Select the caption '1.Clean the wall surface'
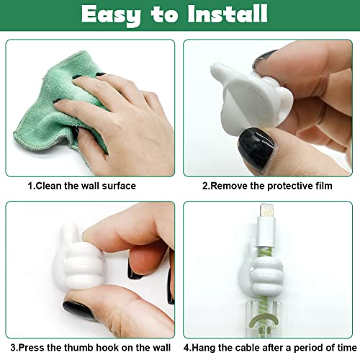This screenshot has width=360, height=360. (81, 186)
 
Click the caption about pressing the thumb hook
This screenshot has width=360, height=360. (86, 347)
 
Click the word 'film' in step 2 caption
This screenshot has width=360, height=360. (319, 186)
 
